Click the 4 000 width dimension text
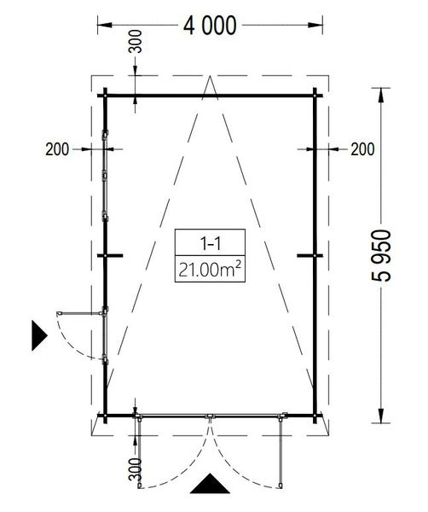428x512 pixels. [x=210, y=26]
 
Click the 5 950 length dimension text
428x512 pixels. [x=381, y=255]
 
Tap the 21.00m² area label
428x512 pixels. [x=210, y=270]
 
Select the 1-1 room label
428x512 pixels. [x=210, y=243]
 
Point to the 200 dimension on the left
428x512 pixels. [x=57, y=149]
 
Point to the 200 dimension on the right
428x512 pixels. [x=362, y=149]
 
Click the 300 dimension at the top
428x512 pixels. [x=136, y=42]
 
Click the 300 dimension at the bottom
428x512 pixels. [x=136, y=469]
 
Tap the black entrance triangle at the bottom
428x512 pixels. [x=210, y=484]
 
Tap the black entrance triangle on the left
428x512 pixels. [x=39, y=335]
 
